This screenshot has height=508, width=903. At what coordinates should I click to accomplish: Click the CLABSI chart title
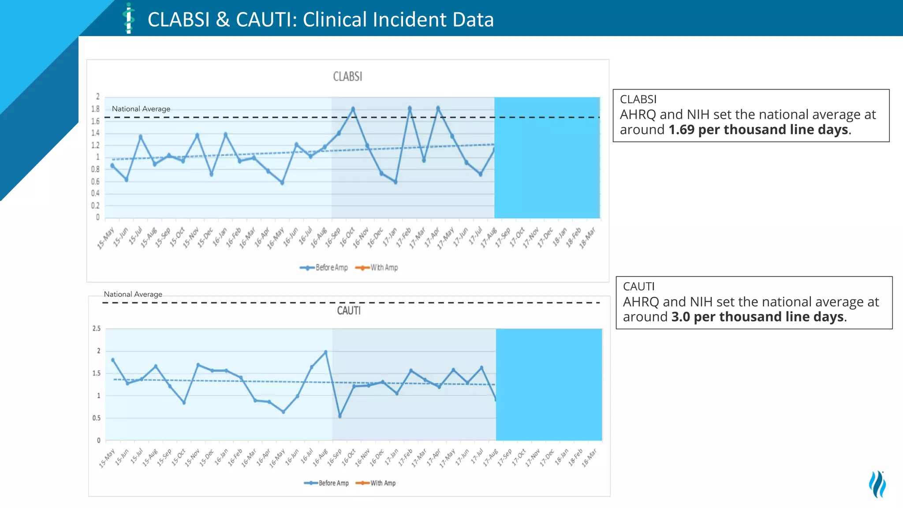347,77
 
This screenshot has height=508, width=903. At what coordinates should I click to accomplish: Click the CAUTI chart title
349,311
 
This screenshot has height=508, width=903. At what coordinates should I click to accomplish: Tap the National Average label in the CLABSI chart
141,109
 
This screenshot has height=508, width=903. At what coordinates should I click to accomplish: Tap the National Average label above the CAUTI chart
133,294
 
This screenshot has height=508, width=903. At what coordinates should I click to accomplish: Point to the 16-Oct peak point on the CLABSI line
353,108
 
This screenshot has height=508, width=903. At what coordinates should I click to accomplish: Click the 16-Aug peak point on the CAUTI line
326,352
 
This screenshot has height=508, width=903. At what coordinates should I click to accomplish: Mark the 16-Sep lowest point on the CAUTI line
340,416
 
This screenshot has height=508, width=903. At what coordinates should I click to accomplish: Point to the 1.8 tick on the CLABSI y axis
95,109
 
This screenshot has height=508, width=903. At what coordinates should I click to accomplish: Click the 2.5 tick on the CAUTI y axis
97,329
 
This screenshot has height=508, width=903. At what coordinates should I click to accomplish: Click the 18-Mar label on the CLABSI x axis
588,238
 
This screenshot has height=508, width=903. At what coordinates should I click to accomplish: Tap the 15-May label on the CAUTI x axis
107,458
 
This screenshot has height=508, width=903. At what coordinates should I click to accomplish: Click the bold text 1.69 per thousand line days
758,130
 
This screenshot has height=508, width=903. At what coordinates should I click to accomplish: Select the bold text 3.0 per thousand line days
757,317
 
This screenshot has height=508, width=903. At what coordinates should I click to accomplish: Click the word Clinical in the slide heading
335,20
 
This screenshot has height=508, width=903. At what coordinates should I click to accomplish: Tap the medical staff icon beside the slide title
129,19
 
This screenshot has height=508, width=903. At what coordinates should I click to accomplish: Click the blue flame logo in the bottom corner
877,484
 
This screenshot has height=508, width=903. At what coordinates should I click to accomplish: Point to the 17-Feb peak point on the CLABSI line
410,108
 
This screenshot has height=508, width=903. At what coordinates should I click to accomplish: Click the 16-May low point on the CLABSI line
282,183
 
